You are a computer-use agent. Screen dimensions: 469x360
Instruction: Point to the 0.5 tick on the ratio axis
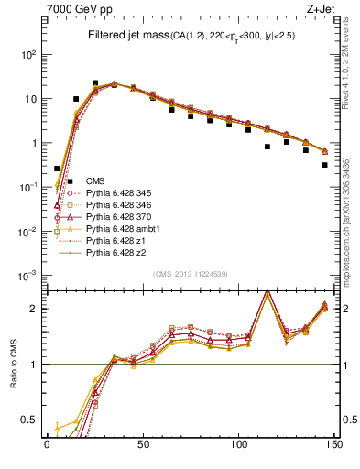click(x=31, y=420)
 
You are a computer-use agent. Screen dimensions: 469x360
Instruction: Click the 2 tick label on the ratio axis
click(x=35, y=309)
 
